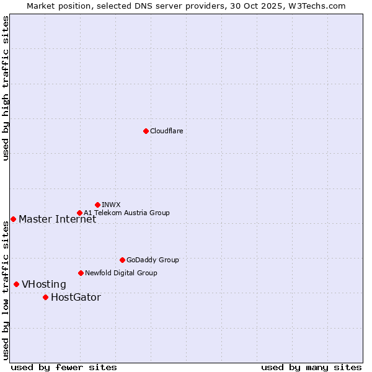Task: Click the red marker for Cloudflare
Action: click(x=146, y=131)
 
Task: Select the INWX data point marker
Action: click(x=97, y=205)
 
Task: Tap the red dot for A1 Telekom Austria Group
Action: click(x=79, y=213)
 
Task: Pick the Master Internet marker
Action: click(x=13, y=219)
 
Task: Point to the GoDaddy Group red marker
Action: click(x=122, y=260)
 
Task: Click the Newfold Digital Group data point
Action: click(x=81, y=273)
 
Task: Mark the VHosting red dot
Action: click(x=16, y=284)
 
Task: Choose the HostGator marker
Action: click(x=45, y=297)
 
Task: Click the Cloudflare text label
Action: click(x=166, y=131)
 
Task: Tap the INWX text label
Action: click(x=111, y=205)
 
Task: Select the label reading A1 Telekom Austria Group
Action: click(x=126, y=213)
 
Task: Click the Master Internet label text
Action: click(x=57, y=219)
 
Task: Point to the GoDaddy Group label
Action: click(x=153, y=260)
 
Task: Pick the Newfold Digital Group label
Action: click(x=121, y=273)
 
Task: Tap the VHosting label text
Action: click(x=43, y=284)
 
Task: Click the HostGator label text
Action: click(x=76, y=297)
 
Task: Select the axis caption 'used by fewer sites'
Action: click(x=64, y=367)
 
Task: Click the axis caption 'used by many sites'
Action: click(x=311, y=367)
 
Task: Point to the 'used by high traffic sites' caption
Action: click(x=6, y=88)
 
